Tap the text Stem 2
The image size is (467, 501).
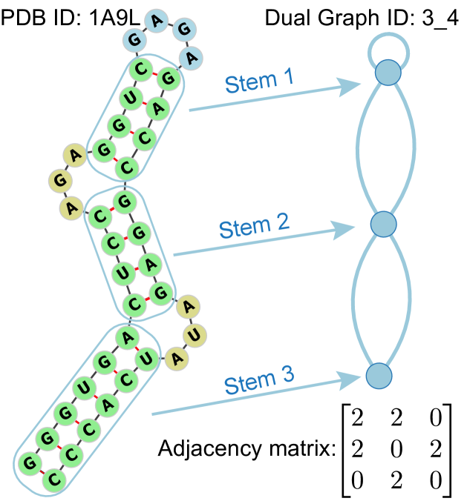[254, 225]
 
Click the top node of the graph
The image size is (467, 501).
[387, 73]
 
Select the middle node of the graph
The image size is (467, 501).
[383, 224]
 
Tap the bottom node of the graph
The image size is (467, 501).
[379, 375]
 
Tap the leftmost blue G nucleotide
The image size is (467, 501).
[134, 39]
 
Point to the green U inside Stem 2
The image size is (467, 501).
[124, 273]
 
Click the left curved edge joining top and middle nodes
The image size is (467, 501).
[358, 148]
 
